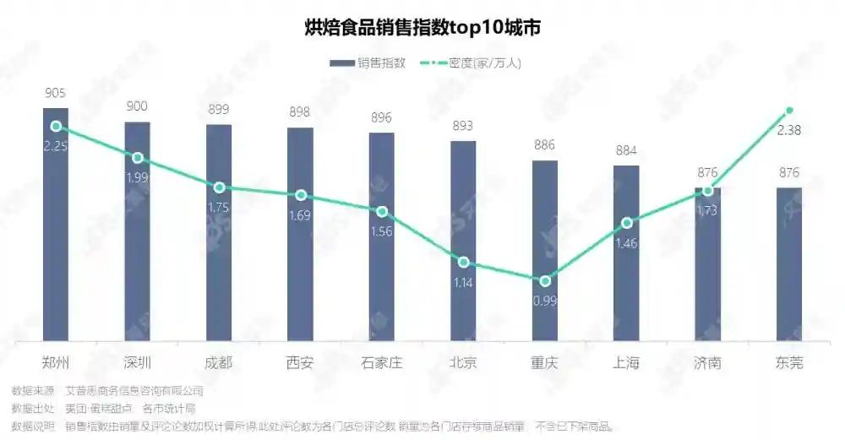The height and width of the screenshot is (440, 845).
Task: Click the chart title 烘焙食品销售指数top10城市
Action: click(x=422, y=27)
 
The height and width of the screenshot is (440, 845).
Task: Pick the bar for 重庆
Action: click(x=545, y=253)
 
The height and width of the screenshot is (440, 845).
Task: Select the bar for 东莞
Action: click(x=789, y=266)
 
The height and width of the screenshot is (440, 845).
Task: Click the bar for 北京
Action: click(x=463, y=245)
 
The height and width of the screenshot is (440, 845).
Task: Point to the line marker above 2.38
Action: click(x=789, y=111)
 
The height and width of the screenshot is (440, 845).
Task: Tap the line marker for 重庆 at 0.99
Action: click(x=545, y=280)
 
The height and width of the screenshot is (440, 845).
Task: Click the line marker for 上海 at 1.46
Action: click(x=626, y=223)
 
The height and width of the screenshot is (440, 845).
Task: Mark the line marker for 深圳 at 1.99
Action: click(x=138, y=158)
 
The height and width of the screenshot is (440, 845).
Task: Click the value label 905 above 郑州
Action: click(x=56, y=93)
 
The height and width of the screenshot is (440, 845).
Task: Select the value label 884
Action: click(x=626, y=151)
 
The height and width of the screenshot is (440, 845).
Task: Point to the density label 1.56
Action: click(x=382, y=232)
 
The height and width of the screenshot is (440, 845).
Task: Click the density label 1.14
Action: click(x=463, y=283)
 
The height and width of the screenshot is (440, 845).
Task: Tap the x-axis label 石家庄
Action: click(x=382, y=363)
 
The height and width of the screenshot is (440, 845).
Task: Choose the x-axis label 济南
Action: click(x=707, y=363)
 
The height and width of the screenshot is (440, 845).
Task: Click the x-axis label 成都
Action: click(x=219, y=363)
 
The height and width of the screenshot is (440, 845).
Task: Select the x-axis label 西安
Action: click(x=300, y=363)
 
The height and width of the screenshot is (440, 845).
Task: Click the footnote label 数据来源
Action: click(x=32, y=391)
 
